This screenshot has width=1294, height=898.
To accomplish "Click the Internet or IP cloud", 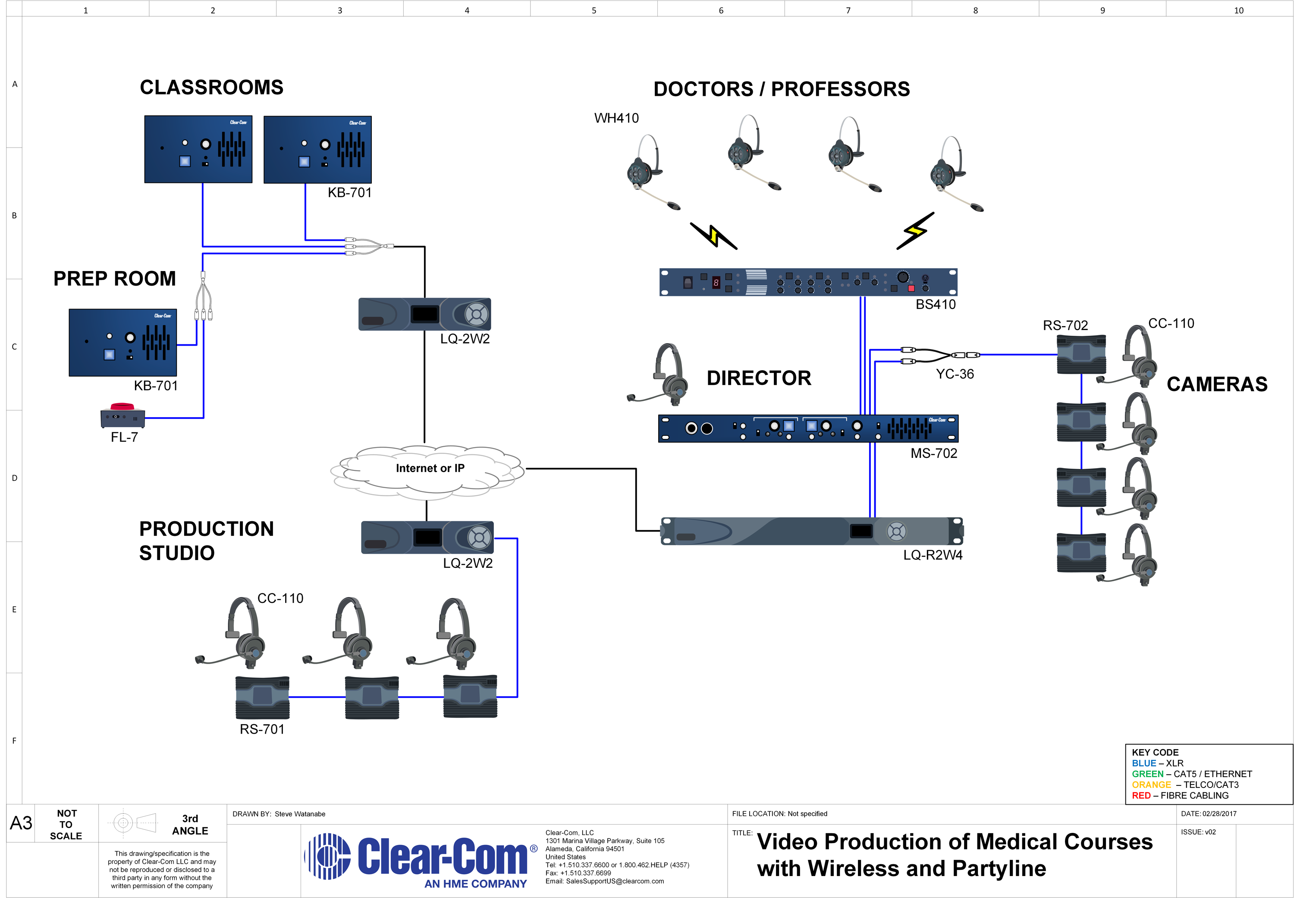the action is [x=427, y=472].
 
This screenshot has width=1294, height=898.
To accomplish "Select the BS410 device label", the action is [x=935, y=304].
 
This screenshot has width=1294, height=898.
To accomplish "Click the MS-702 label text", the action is [x=933, y=453].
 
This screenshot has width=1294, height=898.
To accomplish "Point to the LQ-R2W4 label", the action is [x=933, y=555].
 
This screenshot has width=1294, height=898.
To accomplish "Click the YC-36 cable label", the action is [x=955, y=374].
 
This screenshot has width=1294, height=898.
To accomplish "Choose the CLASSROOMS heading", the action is [x=211, y=87].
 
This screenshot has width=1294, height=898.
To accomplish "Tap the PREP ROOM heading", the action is [x=115, y=278].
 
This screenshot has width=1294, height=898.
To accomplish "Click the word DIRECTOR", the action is [x=759, y=378].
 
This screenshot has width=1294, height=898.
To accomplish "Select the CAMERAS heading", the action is [x=1217, y=384].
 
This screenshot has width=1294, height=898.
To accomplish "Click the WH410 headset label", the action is [x=616, y=118].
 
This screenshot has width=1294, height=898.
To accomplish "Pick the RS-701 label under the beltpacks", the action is [x=262, y=729].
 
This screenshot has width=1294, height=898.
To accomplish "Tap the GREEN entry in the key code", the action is [x=1147, y=774].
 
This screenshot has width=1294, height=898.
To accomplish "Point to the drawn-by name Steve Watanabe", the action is [x=300, y=814].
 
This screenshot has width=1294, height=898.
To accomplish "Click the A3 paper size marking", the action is [x=22, y=823].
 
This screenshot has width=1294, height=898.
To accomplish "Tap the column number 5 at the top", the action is [x=594, y=10].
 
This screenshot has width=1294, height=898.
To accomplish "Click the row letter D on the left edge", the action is [x=15, y=478].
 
